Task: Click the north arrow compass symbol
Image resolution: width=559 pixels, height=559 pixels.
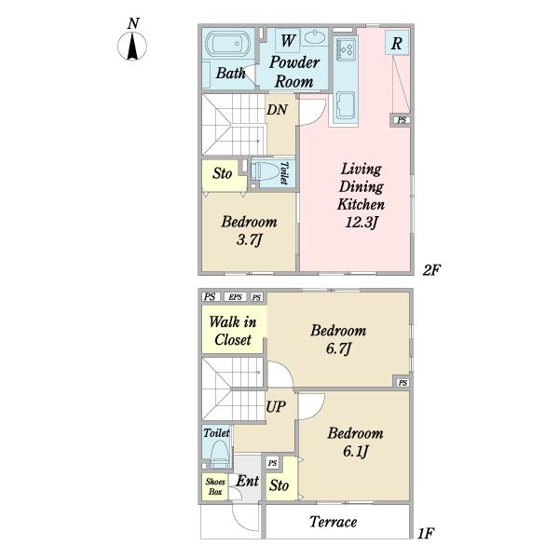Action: pyautogui.click(x=132, y=47)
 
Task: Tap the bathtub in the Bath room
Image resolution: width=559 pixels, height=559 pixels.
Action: pyautogui.click(x=225, y=44)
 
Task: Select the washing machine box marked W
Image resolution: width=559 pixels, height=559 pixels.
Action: pyautogui.click(x=287, y=41)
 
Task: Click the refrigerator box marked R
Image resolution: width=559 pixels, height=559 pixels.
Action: pyautogui.click(x=397, y=43)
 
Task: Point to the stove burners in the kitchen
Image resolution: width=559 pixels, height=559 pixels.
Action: pyautogui.click(x=346, y=48)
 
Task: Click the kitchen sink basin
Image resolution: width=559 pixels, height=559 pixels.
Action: pyautogui.click(x=346, y=104)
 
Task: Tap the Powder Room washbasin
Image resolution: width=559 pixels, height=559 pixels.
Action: pyautogui.click(x=314, y=37)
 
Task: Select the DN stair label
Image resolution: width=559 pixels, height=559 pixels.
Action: pyautogui.click(x=277, y=109)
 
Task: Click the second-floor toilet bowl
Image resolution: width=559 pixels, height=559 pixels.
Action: pyautogui.click(x=266, y=173)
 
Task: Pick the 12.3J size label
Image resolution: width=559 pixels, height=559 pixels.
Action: pyautogui.click(x=361, y=223)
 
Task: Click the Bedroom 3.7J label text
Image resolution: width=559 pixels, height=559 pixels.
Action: pyautogui.click(x=249, y=231)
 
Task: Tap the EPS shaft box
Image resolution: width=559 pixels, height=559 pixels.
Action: pyautogui.click(x=236, y=296)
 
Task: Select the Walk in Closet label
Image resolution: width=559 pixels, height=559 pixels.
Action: pyautogui.click(x=232, y=331)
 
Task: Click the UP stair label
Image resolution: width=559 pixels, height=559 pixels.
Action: pyautogui.click(x=276, y=406)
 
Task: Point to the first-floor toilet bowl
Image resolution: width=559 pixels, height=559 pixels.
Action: pyautogui.click(x=219, y=453)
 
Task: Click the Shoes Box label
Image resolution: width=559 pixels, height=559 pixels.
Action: pyautogui.click(x=215, y=486)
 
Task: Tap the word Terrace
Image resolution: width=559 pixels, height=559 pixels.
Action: pyautogui.click(x=333, y=522)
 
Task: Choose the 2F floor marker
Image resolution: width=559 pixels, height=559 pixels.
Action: pyautogui.click(x=431, y=270)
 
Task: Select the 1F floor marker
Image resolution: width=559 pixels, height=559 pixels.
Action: pyautogui.click(x=426, y=534)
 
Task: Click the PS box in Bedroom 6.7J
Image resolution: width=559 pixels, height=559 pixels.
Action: pyautogui.click(x=402, y=383)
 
